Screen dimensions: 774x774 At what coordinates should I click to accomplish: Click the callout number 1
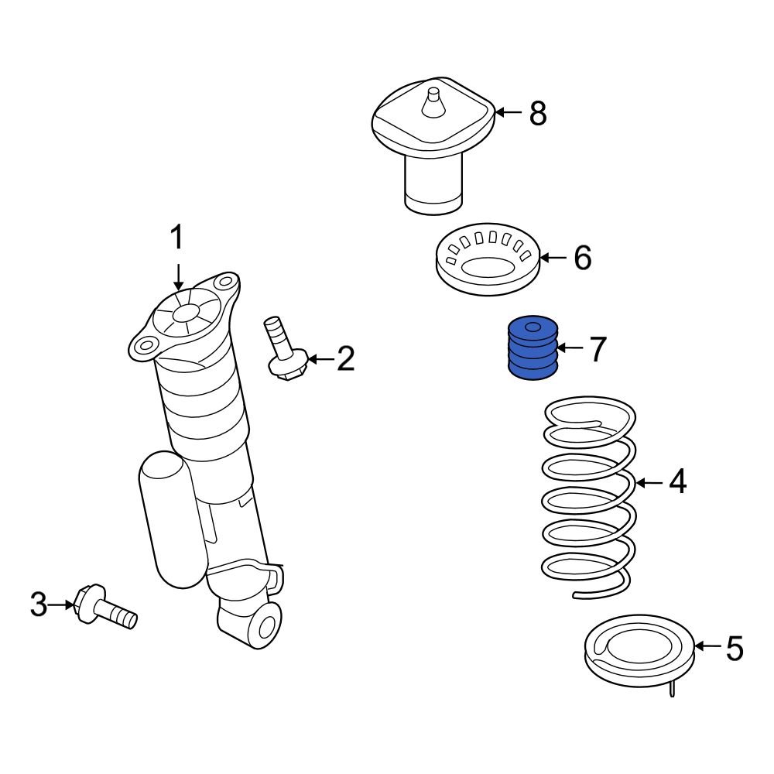pos(177,238)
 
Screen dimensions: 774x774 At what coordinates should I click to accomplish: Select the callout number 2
pos(345,359)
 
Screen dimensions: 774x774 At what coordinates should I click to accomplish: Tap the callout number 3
pos(39,604)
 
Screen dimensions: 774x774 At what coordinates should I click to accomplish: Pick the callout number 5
pos(733,648)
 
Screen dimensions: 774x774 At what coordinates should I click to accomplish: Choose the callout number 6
pos(581,257)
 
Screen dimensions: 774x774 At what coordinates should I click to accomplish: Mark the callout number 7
pos(596,350)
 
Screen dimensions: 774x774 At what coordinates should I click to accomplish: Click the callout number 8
pos(538,114)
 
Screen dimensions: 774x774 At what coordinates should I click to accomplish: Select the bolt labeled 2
pos(283,348)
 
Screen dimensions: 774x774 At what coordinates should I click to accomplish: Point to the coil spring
pos(588,495)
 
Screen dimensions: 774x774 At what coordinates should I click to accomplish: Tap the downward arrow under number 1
pos(178,276)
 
